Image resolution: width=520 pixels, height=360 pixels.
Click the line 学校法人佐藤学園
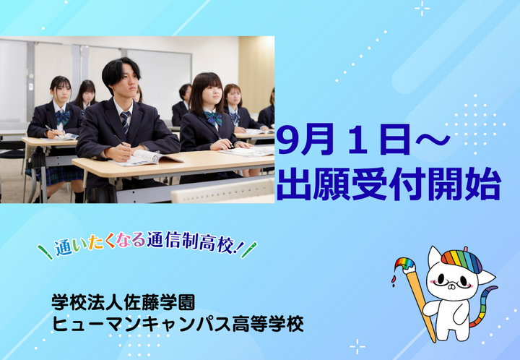coord(123,302)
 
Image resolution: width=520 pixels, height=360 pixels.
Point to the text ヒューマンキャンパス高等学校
coord(178,324)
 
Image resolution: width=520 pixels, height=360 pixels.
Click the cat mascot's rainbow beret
coord(461,260)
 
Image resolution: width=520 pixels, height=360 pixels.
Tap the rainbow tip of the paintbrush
coord(404,265)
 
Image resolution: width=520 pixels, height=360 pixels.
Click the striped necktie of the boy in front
coord(126,121)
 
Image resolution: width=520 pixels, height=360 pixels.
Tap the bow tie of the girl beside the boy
coord(213,118)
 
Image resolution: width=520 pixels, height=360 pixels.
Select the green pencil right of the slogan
coord(249,250)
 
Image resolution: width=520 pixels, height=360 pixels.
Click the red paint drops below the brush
coord(394,280)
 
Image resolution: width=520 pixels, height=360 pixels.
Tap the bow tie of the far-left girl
coord(63,117)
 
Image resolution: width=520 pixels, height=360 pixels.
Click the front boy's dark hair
coord(120,69)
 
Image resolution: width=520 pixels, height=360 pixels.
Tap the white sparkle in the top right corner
coord(422,8)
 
